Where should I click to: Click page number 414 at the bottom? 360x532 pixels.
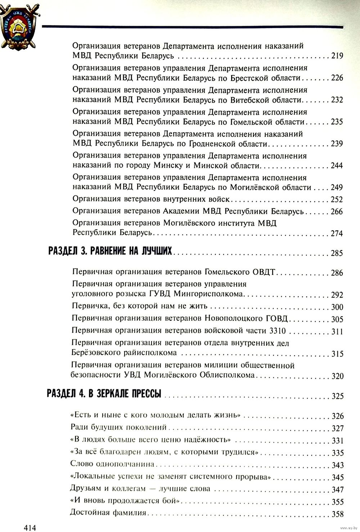tap(30, 528)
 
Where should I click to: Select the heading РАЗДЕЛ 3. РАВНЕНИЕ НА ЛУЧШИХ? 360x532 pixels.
tap(110, 251)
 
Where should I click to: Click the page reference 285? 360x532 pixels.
tap(337, 253)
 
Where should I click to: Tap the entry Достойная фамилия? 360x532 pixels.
tap(108, 513)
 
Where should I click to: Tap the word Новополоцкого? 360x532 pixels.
tap(234, 319)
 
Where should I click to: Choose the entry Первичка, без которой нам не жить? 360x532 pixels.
tap(139, 306)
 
